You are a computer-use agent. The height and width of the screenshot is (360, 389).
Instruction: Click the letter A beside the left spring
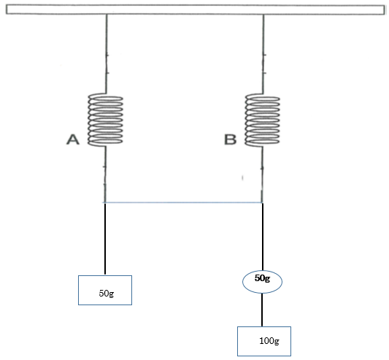click(73, 139)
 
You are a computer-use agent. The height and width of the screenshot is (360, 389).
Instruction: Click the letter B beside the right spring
click(230, 139)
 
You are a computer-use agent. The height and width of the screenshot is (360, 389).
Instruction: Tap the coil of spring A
click(105, 120)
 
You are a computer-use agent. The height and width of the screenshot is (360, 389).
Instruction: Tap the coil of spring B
click(263, 120)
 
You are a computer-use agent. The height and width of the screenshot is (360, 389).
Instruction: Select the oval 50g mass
click(262, 282)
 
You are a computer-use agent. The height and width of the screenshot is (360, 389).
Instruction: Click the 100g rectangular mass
click(264, 342)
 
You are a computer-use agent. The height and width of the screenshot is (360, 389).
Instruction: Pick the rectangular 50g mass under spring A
click(105, 290)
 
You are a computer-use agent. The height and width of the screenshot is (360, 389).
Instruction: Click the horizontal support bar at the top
click(195, 9)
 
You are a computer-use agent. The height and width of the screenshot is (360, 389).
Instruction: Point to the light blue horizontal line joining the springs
click(184, 202)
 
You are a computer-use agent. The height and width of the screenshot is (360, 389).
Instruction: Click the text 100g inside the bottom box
click(269, 341)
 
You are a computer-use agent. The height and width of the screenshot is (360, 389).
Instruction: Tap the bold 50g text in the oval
click(262, 278)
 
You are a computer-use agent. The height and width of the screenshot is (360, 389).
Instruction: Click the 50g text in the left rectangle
click(107, 294)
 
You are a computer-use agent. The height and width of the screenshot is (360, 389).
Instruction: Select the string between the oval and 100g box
click(262, 310)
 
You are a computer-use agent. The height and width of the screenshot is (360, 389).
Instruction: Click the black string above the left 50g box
click(105, 239)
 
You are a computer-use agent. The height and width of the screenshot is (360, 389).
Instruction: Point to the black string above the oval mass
click(263, 237)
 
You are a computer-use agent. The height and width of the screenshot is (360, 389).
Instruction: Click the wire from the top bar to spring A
click(107, 54)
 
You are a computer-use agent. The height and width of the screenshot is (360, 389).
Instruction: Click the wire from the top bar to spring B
click(263, 54)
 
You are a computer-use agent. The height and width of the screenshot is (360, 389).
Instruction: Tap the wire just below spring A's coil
click(105, 175)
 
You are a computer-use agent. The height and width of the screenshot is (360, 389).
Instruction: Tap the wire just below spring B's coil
click(262, 175)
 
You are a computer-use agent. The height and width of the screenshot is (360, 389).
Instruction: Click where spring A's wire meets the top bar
click(107, 15)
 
